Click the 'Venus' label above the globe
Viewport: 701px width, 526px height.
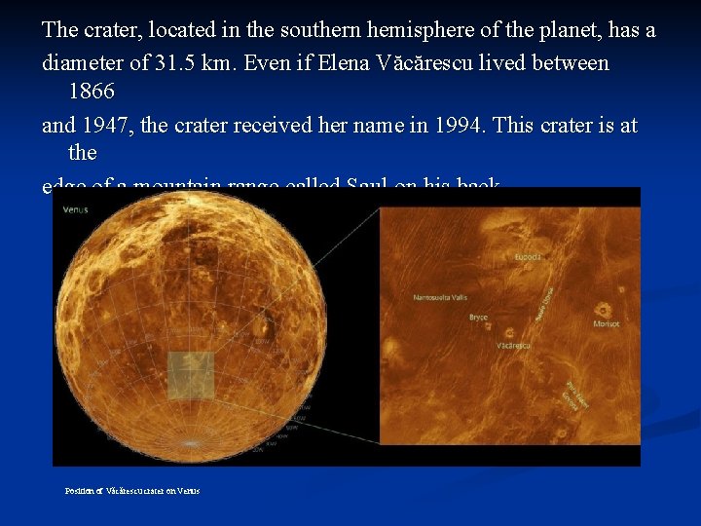point(75,209)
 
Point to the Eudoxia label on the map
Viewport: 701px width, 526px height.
point(529,257)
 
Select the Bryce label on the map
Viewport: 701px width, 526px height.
point(478,317)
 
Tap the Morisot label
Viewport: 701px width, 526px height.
point(608,322)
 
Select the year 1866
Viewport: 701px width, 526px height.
point(92,93)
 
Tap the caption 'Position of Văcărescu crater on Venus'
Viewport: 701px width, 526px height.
point(132,491)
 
